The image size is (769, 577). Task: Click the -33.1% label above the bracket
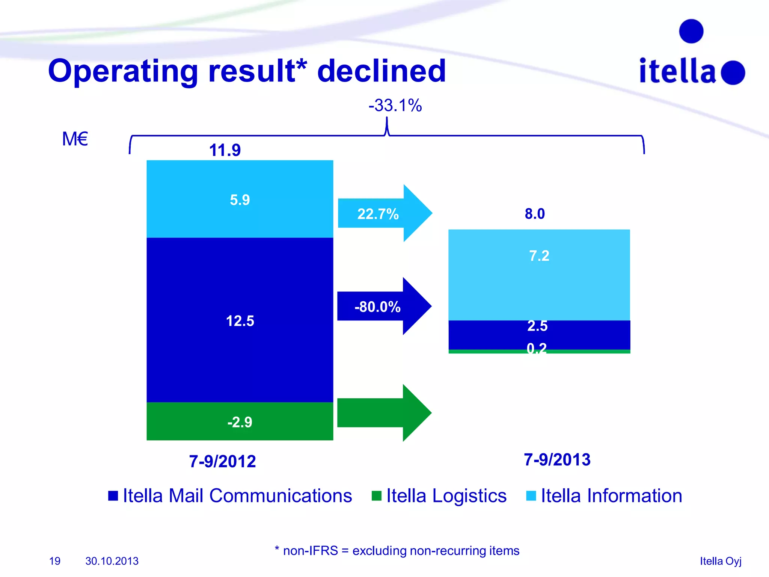pos(395,106)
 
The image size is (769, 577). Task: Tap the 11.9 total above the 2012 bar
pos(225,150)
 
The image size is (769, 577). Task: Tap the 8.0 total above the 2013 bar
pos(535,214)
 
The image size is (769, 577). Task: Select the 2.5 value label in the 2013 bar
pos(537,326)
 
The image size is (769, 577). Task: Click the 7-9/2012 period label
pos(222,461)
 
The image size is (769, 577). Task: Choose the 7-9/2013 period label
pos(557,460)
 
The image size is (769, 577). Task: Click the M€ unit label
pos(75,139)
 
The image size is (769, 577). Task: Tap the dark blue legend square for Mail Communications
pos(113,496)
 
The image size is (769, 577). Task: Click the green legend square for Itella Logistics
pos(376,496)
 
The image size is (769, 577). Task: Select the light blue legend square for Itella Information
pos(531,496)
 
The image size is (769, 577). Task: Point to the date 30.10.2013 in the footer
pos(112,561)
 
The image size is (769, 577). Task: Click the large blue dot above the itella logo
pos(691,31)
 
